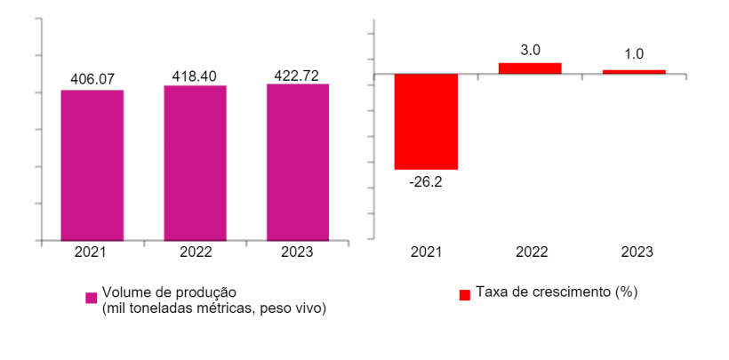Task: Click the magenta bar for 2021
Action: [92, 164]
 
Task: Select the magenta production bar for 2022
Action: [195, 163]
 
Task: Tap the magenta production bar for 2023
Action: [298, 162]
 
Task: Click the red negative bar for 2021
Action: [426, 121]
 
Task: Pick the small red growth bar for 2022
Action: [530, 68]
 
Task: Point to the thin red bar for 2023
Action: [634, 71]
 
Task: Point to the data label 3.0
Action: [530, 51]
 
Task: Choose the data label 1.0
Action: [634, 55]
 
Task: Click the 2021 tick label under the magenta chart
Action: [92, 252]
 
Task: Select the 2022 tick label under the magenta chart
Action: [195, 252]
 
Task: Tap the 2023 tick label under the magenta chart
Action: [298, 252]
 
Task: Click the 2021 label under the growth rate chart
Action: [426, 252]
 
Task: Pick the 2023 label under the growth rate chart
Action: [634, 252]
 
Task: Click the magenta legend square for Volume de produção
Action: [91, 298]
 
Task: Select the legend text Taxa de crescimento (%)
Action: [557, 292]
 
